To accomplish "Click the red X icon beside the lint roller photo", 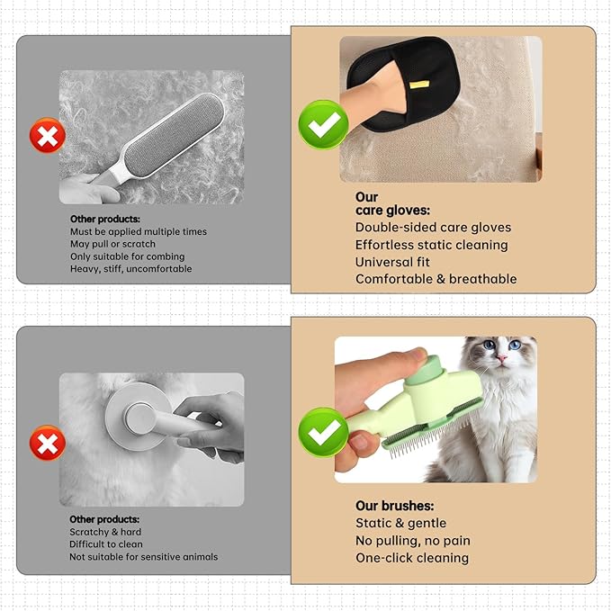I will click(x=47, y=135).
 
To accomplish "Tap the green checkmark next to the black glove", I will click(x=323, y=124).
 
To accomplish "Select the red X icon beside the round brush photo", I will click(x=47, y=443).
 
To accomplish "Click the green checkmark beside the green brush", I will click(x=323, y=432).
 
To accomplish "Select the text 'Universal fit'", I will click(x=393, y=262).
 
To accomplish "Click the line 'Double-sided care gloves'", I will click(x=433, y=228).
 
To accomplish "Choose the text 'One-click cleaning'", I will click(x=412, y=558).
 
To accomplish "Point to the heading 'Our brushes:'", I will click(x=395, y=506).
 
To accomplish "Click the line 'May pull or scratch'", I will click(x=112, y=244).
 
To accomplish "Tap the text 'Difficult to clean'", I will click(x=106, y=544).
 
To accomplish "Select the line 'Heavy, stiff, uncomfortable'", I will click(x=130, y=268).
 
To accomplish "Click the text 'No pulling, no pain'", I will click(x=413, y=541).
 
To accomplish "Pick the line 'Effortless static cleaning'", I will click(x=431, y=245).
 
